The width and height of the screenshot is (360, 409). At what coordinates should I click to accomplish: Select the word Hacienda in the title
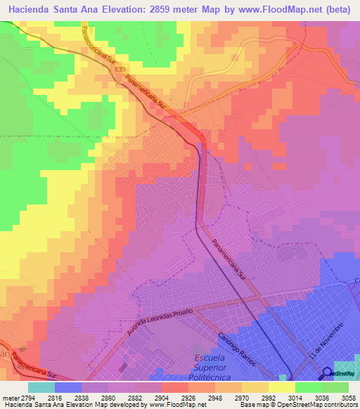pos(35,10)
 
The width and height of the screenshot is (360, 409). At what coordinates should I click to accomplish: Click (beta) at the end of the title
pos(336,10)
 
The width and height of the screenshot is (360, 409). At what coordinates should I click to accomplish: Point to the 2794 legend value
pos(20,397)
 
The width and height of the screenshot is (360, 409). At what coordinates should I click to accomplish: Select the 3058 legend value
pos(341,397)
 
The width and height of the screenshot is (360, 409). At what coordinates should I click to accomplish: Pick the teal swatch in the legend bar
pos(41,387)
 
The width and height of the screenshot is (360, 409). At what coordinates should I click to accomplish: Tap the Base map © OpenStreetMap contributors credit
pos(307,405)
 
